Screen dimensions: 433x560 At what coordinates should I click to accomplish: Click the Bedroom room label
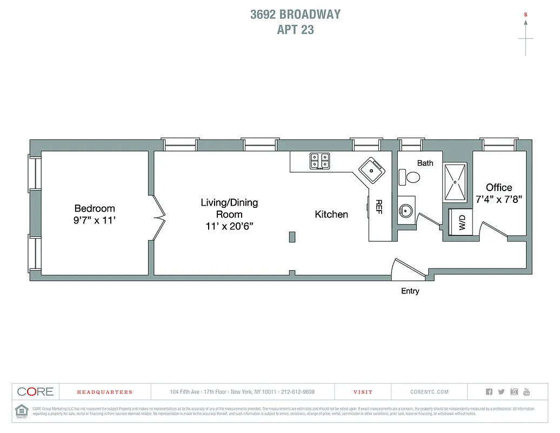tap(95, 208)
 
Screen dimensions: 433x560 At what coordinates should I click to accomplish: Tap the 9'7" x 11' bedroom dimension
tap(95, 221)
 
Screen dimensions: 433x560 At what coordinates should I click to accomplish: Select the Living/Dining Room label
tap(229, 208)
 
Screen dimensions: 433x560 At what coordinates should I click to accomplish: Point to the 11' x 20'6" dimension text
tap(229, 226)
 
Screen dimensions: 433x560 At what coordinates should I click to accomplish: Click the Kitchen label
tap(331, 214)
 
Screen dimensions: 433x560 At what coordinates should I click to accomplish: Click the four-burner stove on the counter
tap(319, 161)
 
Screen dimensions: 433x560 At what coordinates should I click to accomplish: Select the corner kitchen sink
tap(371, 170)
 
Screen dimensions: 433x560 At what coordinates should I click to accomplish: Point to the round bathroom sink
tap(405, 211)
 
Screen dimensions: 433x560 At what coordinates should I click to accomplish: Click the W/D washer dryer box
tap(462, 222)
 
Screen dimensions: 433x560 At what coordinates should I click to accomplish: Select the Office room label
tap(499, 187)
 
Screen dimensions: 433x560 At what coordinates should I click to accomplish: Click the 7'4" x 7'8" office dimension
tap(499, 199)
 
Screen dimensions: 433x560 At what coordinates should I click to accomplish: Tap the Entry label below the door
tap(410, 291)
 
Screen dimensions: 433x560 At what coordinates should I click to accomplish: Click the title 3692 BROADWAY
tap(295, 14)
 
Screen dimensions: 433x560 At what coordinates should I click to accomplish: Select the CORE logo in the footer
tap(36, 392)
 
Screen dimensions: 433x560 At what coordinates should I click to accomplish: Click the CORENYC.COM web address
tap(430, 392)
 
